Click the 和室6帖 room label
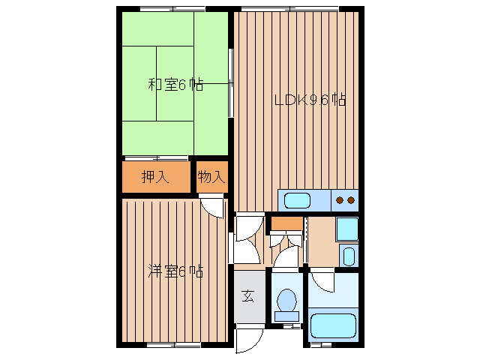point(175,85)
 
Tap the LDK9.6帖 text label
point(309,100)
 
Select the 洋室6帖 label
point(175,270)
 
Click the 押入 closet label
point(155,178)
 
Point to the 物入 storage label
point(211,178)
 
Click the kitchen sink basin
point(297,200)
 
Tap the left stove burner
point(340,200)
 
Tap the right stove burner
point(350,200)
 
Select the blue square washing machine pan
point(346,228)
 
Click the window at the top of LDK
point(289,8)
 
